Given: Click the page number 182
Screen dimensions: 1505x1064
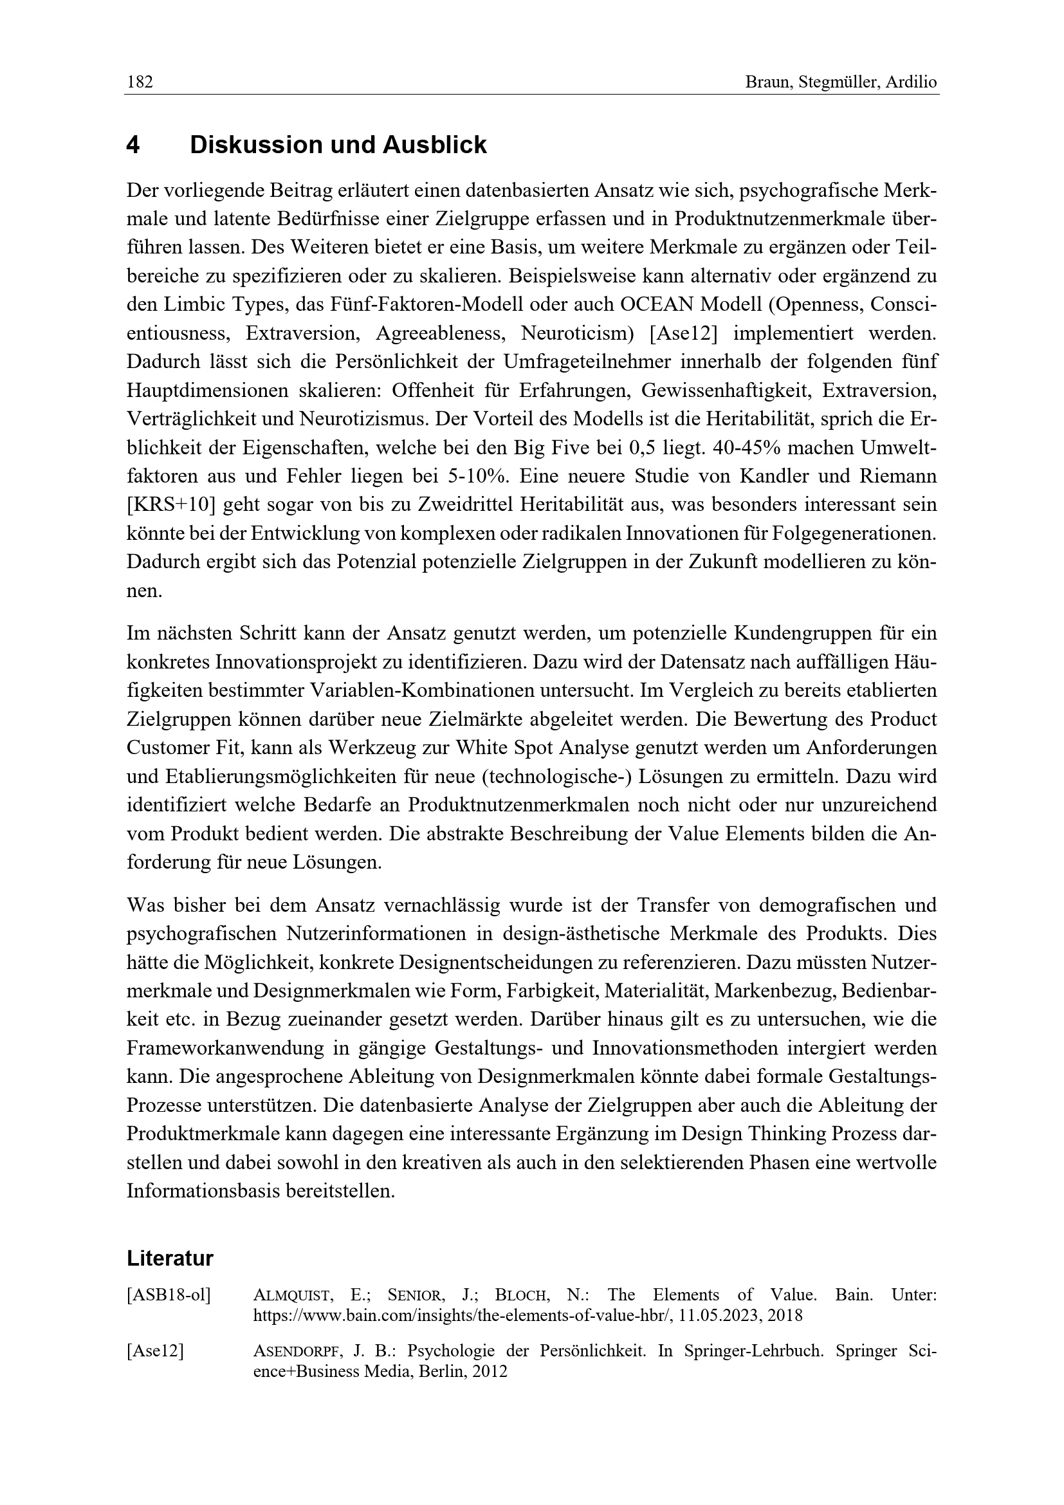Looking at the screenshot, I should (x=140, y=82).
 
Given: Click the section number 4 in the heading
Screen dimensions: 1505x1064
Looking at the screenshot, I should (x=133, y=145).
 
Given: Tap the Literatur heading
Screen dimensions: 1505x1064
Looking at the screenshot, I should (x=170, y=1259).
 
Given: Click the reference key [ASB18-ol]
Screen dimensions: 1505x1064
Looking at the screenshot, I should (x=169, y=1295).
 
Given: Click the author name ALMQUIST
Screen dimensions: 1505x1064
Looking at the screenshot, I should (x=292, y=1295).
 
